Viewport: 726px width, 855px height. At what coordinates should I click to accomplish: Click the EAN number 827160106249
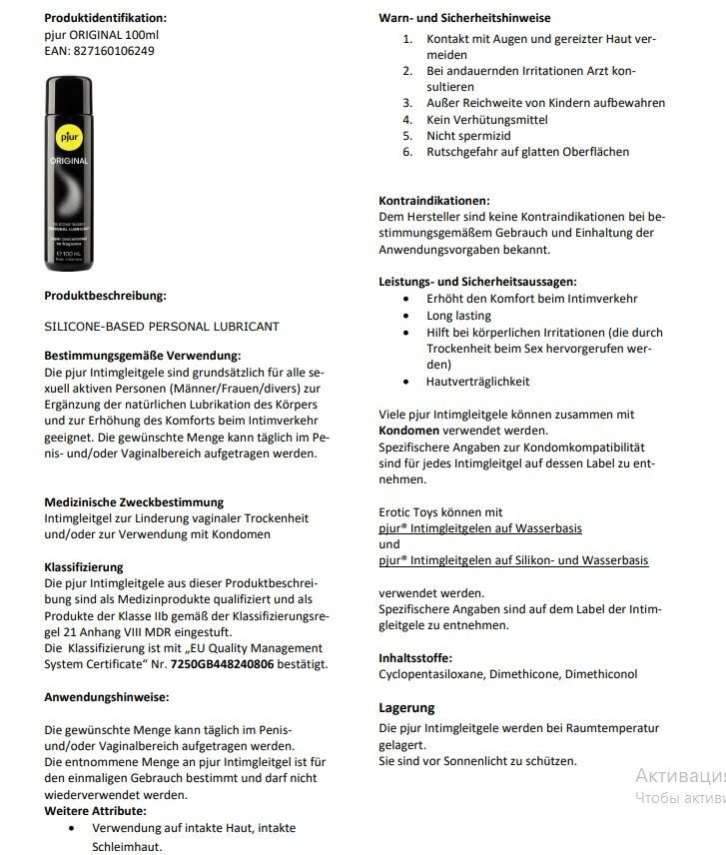click(x=114, y=51)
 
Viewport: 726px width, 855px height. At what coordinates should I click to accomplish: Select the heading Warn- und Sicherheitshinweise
click(x=464, y=17)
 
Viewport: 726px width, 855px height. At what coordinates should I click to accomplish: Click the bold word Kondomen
click(x=410, y=430)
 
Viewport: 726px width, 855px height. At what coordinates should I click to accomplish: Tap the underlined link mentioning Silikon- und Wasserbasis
click(x=513, y=561)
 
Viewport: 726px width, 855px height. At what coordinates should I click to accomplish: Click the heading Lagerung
click(x=406, y=708)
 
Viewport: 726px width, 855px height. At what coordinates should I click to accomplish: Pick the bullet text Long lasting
click(x=459, y=316)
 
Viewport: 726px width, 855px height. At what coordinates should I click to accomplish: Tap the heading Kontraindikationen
click(x=434, y=200)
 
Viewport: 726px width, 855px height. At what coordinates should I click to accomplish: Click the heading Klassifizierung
click(x=84, y=566)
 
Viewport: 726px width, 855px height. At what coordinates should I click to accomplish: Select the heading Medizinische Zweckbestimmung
click(x=134, y=502)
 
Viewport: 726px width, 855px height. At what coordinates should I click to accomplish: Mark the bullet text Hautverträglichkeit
click(x=478, y=382)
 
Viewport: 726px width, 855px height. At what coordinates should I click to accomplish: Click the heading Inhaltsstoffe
click(x=415, y=658)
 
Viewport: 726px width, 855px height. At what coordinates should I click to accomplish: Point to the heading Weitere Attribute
click(x=95, y=811)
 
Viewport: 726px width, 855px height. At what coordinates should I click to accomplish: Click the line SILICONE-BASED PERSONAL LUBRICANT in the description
click(x=162, y=327)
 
